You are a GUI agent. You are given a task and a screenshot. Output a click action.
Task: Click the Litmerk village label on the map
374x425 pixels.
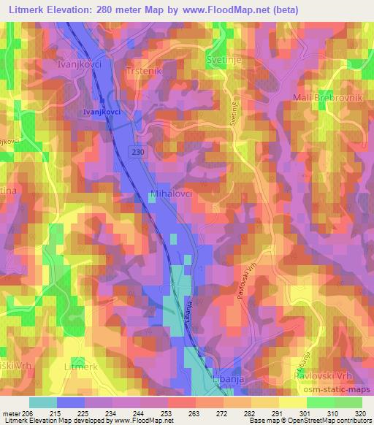coord(81,366)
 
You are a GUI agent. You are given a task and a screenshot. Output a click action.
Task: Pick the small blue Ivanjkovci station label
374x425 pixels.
coord(102,112)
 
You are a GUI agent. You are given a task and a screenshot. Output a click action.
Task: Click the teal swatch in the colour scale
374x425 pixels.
coord(43,402)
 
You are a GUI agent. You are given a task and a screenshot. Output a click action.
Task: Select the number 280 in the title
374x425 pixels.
coord(122,9)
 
